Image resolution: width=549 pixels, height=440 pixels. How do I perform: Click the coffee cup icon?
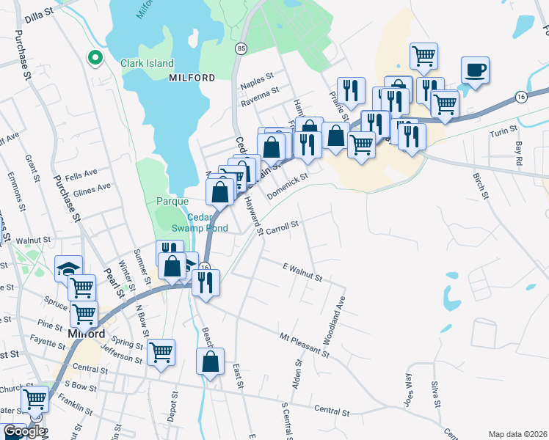point(475,70)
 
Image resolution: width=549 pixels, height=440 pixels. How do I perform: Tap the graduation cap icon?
point(68,269)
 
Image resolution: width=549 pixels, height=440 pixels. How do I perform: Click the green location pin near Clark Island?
point(94,56)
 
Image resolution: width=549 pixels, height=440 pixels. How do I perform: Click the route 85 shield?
point(241,48)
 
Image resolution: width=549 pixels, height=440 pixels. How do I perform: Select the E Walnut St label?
point(302,272)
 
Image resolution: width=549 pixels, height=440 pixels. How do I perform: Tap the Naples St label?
point(257,76)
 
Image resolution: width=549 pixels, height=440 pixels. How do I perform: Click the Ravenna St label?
point(260,92)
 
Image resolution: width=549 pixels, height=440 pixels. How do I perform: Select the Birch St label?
point(481,186)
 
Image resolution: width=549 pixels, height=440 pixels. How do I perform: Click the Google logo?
point(24,431)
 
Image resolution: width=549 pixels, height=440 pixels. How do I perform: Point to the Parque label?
point(172,201)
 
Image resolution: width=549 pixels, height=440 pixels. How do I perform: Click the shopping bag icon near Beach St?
point(211,362)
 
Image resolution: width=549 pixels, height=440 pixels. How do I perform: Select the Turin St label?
point(503,135)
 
